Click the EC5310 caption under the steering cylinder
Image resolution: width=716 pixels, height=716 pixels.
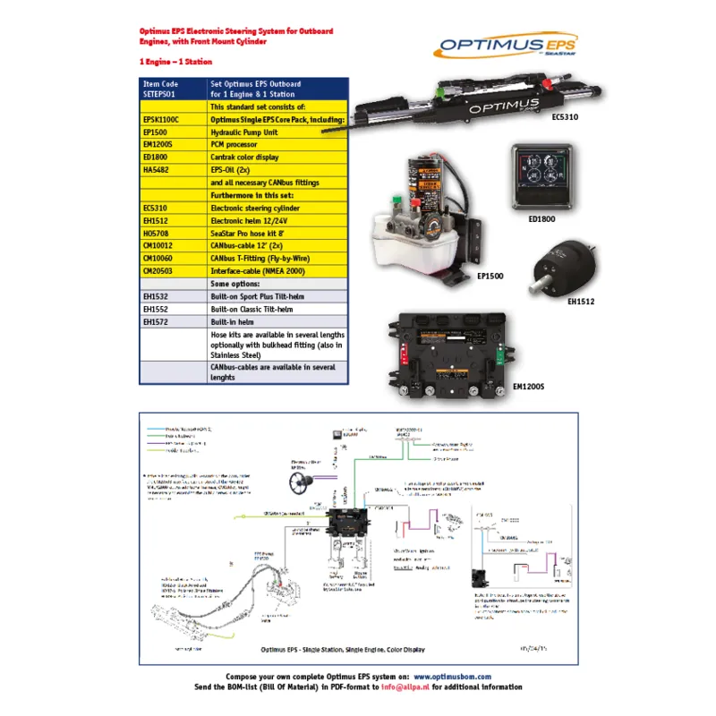click(565, 117)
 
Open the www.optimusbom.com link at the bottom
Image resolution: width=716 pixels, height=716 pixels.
click(451, 678)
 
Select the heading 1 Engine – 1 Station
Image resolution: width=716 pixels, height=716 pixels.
click(176, 63)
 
